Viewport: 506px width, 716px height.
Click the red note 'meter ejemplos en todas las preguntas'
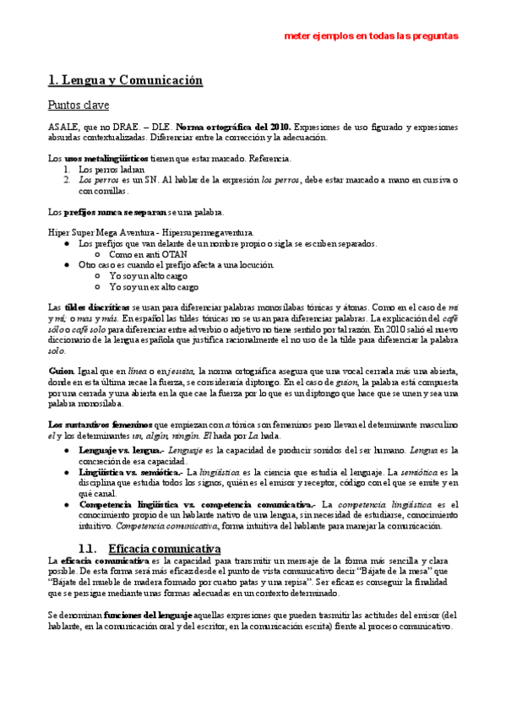click(371, 36)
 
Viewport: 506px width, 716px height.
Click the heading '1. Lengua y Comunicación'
click(126, 81)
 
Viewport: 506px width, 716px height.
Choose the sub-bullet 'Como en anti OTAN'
click(148, 253)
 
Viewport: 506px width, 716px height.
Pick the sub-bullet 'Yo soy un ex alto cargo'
click(154, 286)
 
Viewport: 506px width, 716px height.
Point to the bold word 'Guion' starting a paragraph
click(60, 372)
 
